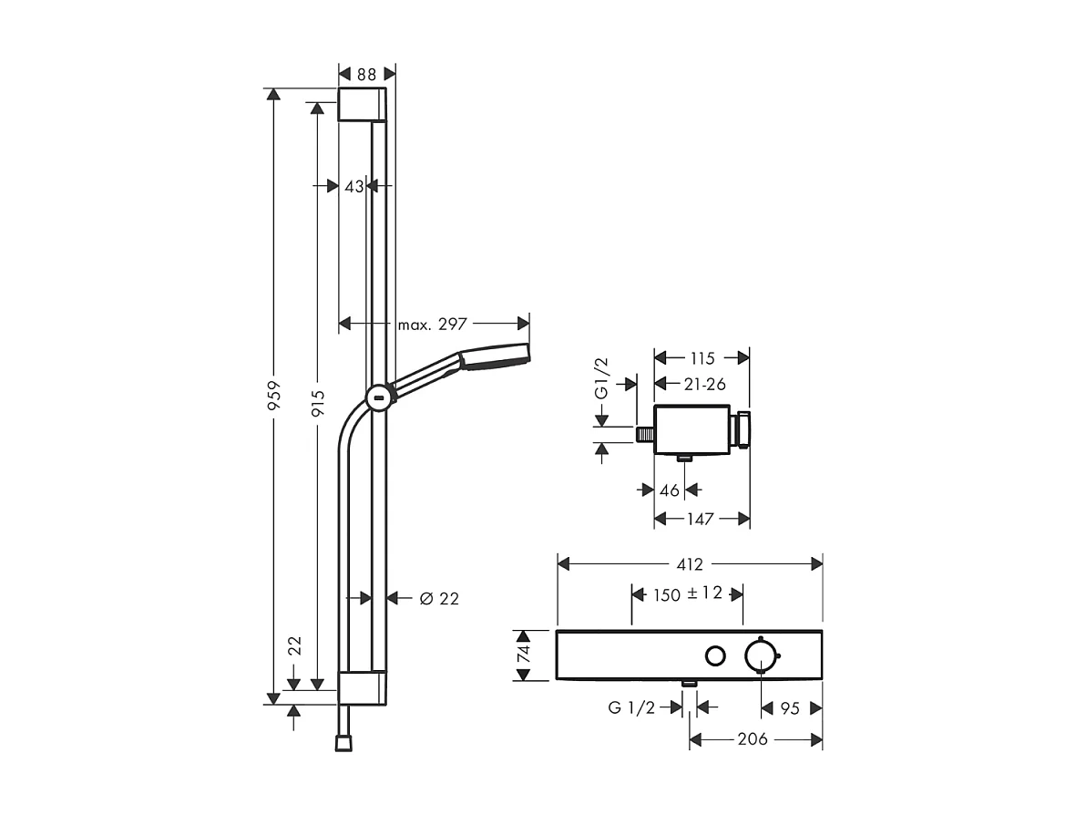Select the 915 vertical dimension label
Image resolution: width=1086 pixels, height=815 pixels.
317,397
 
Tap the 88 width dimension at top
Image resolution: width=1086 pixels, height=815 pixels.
367,73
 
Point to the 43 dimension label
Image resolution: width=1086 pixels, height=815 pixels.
354,186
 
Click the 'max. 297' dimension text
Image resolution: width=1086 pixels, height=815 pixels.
433,324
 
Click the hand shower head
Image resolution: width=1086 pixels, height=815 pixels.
494,356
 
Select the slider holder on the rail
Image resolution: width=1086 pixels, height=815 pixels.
379,397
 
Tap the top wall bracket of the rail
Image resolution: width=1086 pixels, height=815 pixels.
362,105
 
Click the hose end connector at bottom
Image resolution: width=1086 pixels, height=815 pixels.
342,743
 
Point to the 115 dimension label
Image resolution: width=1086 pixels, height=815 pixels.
702,358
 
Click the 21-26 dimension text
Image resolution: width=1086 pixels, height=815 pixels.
703,384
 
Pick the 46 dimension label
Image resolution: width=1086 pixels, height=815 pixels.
670,490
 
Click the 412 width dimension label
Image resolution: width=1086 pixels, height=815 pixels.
689,564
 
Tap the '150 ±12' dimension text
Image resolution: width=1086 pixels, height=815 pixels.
688,593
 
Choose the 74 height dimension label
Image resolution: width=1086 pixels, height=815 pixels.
523,655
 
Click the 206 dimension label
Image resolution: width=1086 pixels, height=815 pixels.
752,738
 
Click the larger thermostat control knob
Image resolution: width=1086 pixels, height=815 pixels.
761,655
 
